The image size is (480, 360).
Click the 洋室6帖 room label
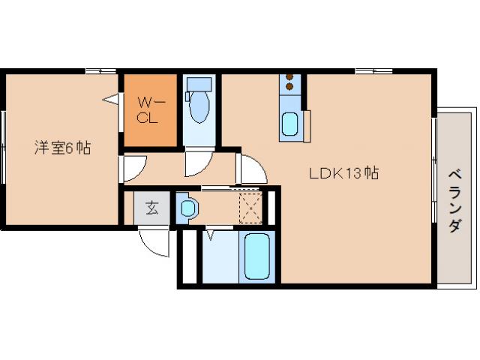click(62, 148)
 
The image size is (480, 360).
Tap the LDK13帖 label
click(343, 173)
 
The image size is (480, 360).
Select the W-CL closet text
click(150, 110)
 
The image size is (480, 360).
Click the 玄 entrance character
click(152, 208)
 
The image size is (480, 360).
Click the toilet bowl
click(199, 106)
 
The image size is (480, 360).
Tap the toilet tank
click(199, 83)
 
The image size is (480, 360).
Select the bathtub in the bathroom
click(257, 256)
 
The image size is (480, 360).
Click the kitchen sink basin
click(289, 124)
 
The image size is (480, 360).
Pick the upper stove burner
click(289, 76)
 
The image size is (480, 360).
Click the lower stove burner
click(289, 87)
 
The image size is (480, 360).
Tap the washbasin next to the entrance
click(188, 208)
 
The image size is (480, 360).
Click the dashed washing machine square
click(250, 208)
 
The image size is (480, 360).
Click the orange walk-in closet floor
click(150, 110)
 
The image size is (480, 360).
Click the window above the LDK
click(373, 71)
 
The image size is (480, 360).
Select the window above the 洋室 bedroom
click(100, 71)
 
